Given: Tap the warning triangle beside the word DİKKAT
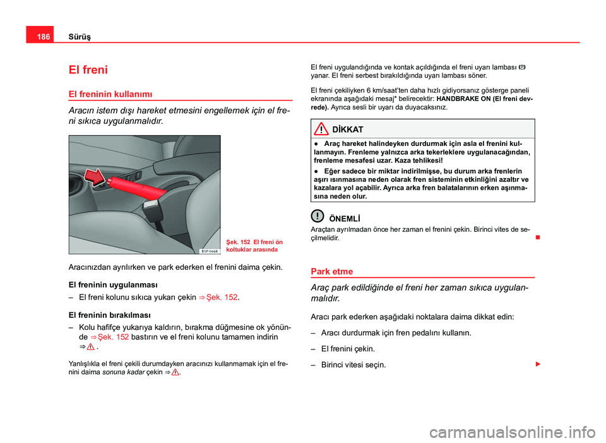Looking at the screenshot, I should [x=322, y=129].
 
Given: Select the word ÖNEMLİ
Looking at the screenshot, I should [x=345, y=219].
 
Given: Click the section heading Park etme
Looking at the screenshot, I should [x=332, y=271].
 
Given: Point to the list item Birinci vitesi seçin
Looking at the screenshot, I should [x=353, y=365].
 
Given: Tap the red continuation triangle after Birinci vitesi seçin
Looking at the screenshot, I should [x=537, y=365].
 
